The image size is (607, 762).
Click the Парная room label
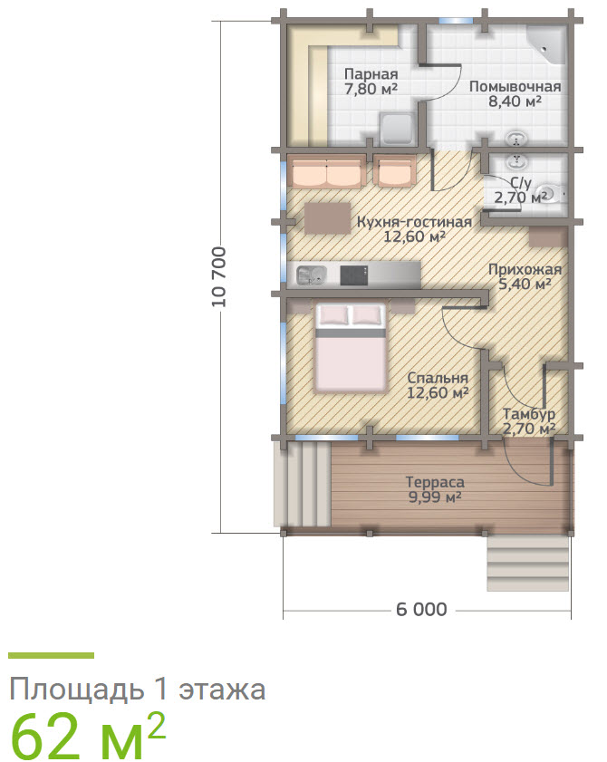pos(371,74)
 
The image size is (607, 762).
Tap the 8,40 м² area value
pos(515,101)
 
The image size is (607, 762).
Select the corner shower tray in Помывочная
pos(548,43)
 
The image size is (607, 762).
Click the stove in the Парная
pos(398,130)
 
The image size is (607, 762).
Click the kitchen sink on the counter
pos(311,275)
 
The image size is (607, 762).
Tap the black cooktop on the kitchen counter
pos(354,275)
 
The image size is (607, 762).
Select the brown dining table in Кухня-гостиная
pos(328,218)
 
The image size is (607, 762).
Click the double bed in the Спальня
pos(351,347)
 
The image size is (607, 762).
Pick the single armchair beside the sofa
pos(395,170)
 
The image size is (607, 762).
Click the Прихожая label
pos(525,269)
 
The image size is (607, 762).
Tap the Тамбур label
pos(529,415)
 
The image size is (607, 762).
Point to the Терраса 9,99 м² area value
pos(435,497)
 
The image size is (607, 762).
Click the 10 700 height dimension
pos(219,276)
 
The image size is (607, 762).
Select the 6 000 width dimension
pos(422,609)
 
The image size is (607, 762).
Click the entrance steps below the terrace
pos(528,564)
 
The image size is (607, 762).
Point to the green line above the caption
pos(51,656)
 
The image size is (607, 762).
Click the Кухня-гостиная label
pos(414,222)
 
